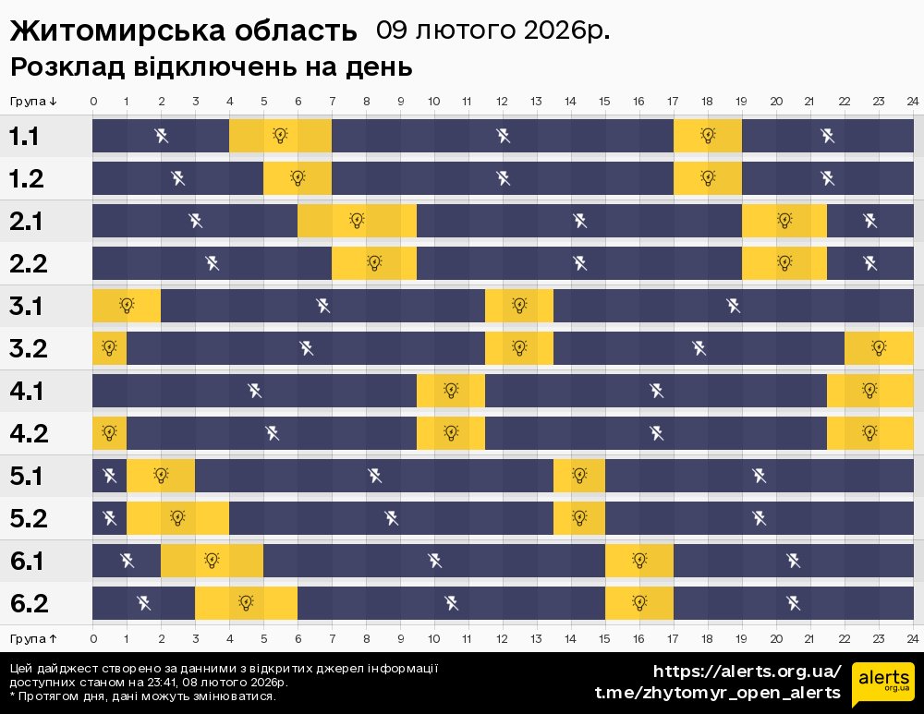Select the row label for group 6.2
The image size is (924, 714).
pyautogui.click(x=28, y=603)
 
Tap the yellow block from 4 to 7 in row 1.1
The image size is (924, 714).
pyautogui.click(x=280, y=136)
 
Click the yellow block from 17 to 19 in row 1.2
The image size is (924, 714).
pyautogui.click(x=708, y=178)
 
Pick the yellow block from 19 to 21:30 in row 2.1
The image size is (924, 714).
pyautogui.click(x=784, y=221)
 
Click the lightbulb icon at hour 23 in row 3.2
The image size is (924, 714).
pyautogui.click(x=879, y=348)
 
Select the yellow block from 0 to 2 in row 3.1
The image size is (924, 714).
pyautogui.click(x=127, y=306)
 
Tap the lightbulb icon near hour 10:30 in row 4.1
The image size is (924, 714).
pyautogui.click(x=451, y=391)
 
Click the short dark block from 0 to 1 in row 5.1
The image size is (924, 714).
pyautogui.click(x=109, y=476)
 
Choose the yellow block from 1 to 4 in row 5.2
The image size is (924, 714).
pyautogui.click(x=177, y=518)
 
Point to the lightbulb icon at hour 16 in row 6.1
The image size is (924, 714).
pyautogui.click(x=639, y=561)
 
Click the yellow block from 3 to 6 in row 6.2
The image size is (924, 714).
pyautogui.click(x=246, y=603)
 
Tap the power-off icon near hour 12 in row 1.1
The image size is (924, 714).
pyautogui.click(x=503, y=136)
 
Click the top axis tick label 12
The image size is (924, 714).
pyautogui.click(x=502, y=101)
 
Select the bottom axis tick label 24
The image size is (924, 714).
pyautogui.click(x=912, y=638)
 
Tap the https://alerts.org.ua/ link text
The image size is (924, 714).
pyautogui.click(x=747, y=672)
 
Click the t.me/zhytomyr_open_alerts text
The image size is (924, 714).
pyautogui.click(x=717, y=693)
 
